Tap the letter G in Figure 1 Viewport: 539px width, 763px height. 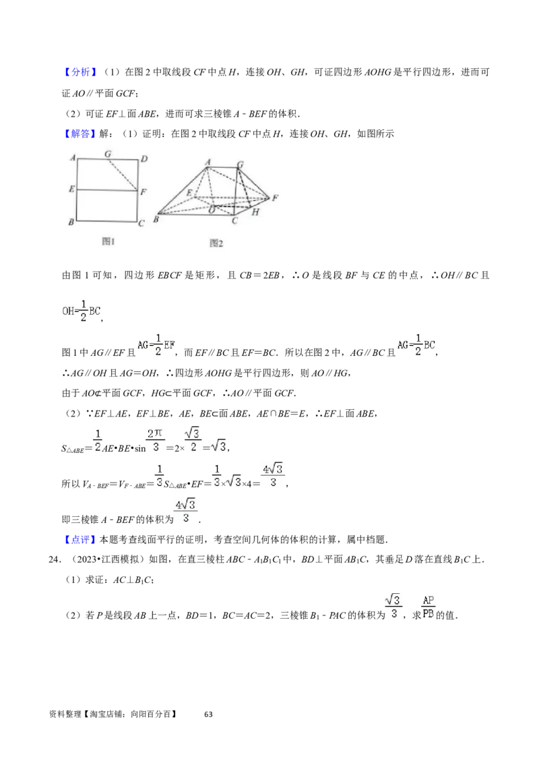(108, 154)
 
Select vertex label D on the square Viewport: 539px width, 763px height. (144, 160)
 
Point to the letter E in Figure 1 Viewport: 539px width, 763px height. (71, 189)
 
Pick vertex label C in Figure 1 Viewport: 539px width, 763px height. (141, 224)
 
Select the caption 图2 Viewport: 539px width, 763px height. (216, 243)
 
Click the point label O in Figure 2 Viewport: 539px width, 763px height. (212, 210)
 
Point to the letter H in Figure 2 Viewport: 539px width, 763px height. (255, 212)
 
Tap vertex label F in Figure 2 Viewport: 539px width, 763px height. (275, 197)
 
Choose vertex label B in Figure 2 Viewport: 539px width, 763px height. (156, 219)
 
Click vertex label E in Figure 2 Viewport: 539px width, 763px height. (189, 193)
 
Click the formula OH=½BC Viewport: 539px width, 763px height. (80, 311)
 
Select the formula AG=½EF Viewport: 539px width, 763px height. (156, 345)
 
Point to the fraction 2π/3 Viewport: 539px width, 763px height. (154, 440)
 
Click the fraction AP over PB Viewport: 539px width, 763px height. (429, 607)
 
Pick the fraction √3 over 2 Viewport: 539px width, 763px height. (193, 440)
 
